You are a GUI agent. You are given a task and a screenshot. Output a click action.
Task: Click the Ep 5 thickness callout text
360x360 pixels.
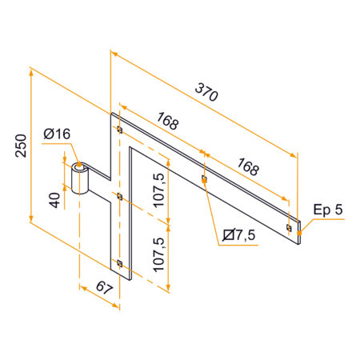(328, 210)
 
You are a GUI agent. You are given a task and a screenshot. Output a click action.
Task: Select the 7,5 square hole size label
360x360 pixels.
(240, 234)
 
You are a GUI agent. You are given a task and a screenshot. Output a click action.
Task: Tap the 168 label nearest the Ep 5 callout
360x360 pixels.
(248, 168)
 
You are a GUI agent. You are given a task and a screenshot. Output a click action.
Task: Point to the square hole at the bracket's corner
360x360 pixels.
(119, 130)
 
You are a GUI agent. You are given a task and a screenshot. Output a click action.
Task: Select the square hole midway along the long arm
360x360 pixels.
(205, 179)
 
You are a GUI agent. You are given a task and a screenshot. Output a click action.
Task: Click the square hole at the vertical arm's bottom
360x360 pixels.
(119, 262)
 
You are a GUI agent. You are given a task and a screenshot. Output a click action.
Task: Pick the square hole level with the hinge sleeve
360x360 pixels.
(119, 196)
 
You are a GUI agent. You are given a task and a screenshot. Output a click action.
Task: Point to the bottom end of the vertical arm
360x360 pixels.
(124, 276)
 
